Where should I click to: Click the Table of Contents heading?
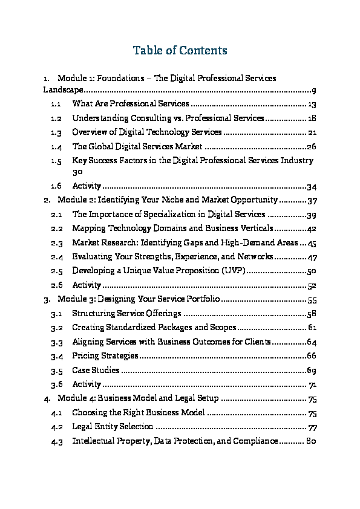(x=180, y=50)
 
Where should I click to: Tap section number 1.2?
(x=56, y=118)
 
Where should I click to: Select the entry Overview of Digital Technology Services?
(x=147, y=132)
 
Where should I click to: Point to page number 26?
(x=312, y=146)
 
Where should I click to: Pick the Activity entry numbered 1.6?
(x=86, y=186)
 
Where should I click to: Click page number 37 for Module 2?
(x=312, y=199)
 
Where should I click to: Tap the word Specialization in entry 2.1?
(x=181, y=214)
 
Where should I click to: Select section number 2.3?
(x=56, y=242)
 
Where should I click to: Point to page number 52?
(x=312, y=285)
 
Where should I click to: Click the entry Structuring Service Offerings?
(x=126, y=313)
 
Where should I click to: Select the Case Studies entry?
(x=96, y=370)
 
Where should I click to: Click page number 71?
(x=313, y=384)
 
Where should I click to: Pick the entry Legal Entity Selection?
(x=113, y=427)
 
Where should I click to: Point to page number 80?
(x=312, y=441)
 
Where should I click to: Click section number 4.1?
(x=56, y=413)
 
